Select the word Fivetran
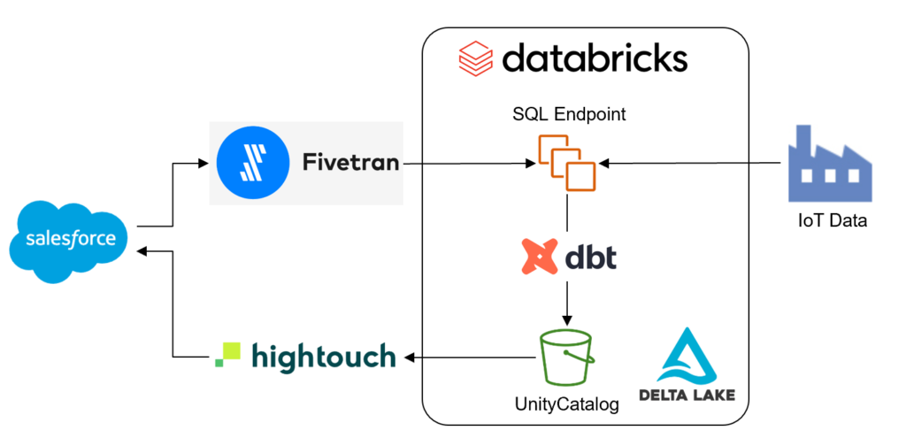(x=350, y=163)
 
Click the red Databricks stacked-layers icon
(x=476, y=60)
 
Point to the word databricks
(x=594, y=59)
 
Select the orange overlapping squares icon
(x=566, y=162)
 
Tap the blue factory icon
(x=829, y=166)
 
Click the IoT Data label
(x=829, y=221)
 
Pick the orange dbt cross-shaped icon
(x=540, y=257)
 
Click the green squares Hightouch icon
(x=227, y=356)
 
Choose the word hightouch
(x=323, y=357)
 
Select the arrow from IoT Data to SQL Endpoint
(x=690, y=163)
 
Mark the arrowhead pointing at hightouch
(x=411, y=358)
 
